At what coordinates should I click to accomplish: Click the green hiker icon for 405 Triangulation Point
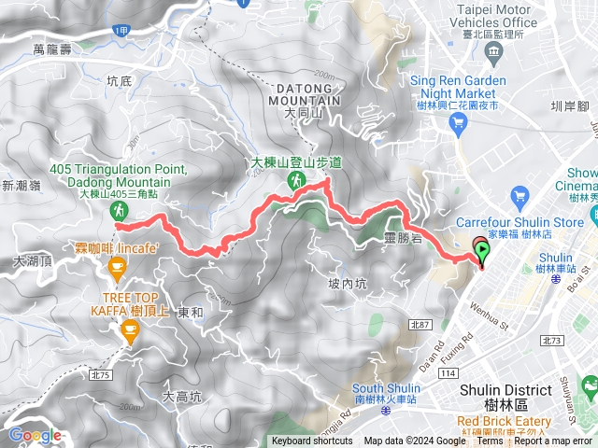pyautogui.click(x=120, y=210)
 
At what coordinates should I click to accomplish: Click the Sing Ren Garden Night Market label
pyautogui.click(x=458, y=87)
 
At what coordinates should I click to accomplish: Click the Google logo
pyautogui.click(x=35, y=435)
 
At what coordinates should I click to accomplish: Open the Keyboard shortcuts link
pyautogui.click(x=312, y=441)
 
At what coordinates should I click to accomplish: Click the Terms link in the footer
pyautogui.click(x=490, y=441)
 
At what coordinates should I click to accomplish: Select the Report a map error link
pyautogui.click(x=553, y=441)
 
